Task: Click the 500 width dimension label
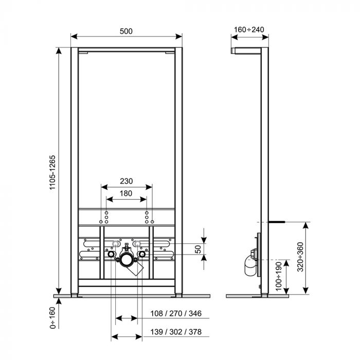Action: coord(126,31)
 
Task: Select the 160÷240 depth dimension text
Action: coord(249,29)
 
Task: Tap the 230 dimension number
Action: coord(126,181)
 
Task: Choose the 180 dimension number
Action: coord(126,193)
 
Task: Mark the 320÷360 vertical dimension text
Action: coord(301,256)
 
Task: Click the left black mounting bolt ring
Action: coord(110,254)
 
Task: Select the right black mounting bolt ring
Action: coord(142,254)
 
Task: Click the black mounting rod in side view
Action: coord(276,221)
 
